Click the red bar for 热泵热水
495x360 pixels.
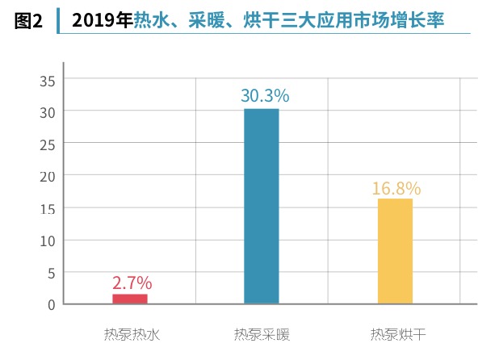tap(129, 299)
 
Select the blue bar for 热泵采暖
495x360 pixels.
tap(261, 206)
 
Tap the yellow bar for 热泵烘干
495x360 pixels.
tap(395, 251)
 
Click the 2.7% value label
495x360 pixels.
tap(132, 283)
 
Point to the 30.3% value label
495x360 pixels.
tap(265, 96)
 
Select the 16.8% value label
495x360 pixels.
tap(396, 189)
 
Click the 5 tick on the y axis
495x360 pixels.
tap(50, 273)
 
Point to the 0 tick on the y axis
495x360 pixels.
tap(50, 304)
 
